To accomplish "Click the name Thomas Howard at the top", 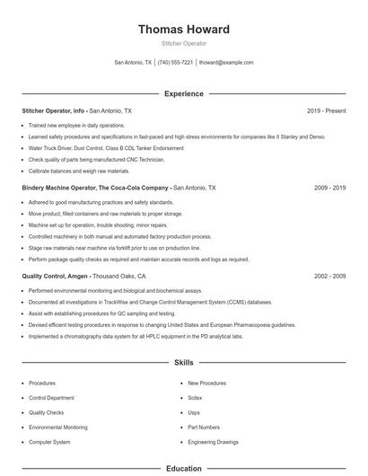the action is [183, 30].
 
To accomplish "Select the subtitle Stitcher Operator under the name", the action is [183, 43].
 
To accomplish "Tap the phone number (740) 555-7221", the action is [175, 63].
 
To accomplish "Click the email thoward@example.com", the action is [226, 63].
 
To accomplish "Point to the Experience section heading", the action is [183, 93].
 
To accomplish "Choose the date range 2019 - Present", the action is [326, 110].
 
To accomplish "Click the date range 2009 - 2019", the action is [329, 189].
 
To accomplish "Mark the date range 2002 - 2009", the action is [329, 277].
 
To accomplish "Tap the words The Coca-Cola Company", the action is [134, 189].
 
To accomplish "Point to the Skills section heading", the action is [183, 363].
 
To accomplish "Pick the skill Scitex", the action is [195, 397].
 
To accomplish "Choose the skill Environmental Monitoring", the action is [58, 428].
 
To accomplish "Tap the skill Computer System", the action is [49, 443].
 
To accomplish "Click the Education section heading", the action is [183, 468].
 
